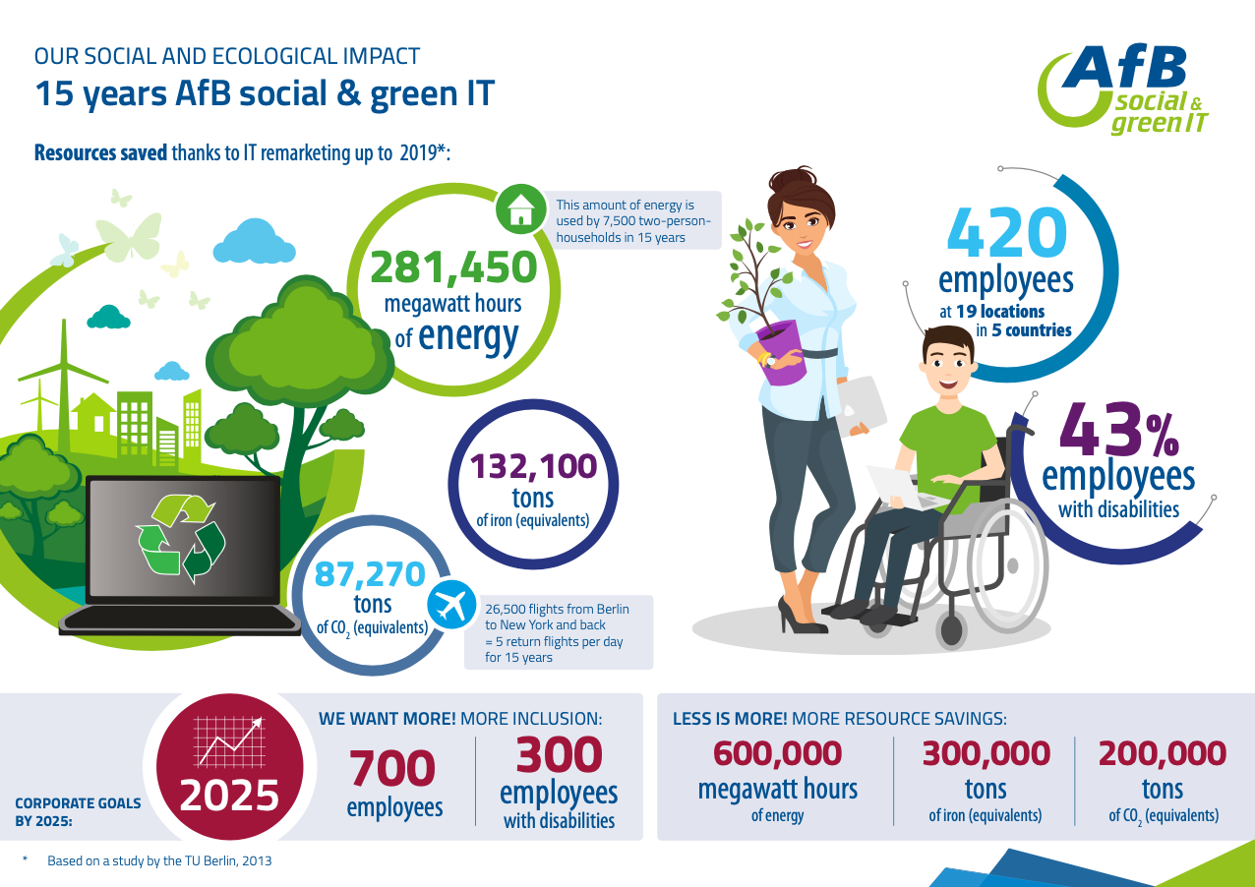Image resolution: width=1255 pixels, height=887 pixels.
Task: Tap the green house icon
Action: point(520,209)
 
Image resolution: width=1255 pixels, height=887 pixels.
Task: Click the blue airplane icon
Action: point(451,605)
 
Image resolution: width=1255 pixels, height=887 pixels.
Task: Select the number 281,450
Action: point(453,266)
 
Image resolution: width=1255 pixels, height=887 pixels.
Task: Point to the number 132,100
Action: point(533,466)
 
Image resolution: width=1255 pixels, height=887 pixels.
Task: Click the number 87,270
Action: point(370,573)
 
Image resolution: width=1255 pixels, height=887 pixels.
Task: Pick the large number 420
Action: point(1007,232)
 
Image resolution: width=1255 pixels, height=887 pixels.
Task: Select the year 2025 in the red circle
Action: point(229,796)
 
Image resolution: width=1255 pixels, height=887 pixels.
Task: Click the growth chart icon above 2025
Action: point(229,741)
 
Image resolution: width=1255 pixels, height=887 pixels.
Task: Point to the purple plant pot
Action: point(781,352)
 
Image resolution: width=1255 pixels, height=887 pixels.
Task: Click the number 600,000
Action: point(777,753)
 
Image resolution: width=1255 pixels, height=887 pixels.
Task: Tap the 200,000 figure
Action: point(1163,753)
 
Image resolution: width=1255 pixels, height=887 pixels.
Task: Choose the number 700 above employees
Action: point(391,768)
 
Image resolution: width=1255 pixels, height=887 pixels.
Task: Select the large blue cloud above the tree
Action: point(254,242)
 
